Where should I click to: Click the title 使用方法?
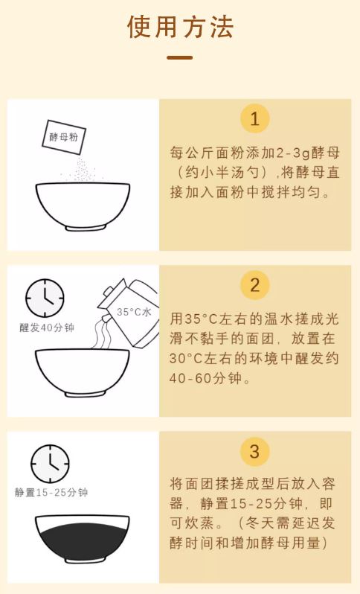[180, 28]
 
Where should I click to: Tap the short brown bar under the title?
[180, 58]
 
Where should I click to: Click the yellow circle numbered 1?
[255, 119]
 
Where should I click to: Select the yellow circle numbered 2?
[255, 285]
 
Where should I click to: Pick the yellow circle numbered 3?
[255, 451]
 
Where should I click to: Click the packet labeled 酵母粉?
[64, 137]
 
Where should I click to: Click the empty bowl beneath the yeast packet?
[83, 206]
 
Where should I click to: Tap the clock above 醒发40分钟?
[45, 298]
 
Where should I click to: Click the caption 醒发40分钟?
[47, 328]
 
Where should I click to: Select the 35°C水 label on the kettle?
[134, 312]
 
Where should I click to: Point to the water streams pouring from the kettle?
[102, 333]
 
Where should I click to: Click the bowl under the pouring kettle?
[83, 373]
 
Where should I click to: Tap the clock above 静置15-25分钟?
[50, 464]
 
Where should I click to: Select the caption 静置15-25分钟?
[51, 493]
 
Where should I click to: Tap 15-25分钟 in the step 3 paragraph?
[267, 504]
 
